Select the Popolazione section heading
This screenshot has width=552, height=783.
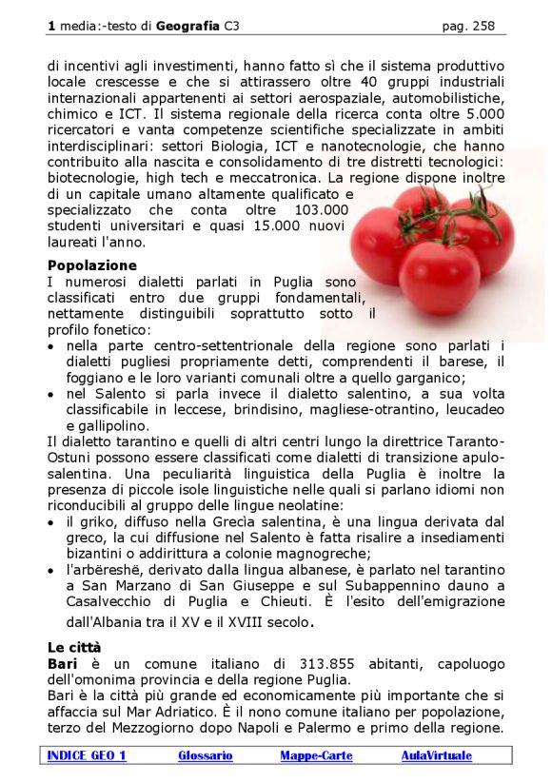click(92, 265)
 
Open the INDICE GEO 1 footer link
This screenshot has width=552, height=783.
click(87, 755)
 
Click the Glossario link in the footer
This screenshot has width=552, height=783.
click(205, 755)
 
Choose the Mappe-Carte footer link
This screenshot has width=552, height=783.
click(316, 755)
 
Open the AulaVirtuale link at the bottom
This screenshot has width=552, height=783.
click(436, 755)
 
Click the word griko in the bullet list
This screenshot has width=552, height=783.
click(94, 521)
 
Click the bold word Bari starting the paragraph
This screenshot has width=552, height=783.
click(61, 662)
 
